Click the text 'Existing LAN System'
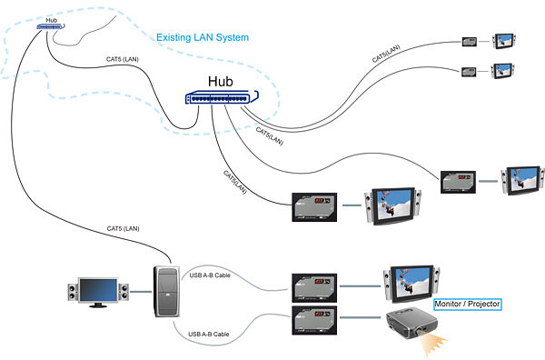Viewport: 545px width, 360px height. click(x=202, y=38)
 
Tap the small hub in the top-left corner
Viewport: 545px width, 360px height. click(x=48, y=26)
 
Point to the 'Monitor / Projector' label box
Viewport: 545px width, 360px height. click(x=467, y=304)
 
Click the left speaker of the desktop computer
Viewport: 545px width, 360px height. click(x=73, y=293)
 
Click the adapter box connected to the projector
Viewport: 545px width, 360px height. click(x=314, y=321)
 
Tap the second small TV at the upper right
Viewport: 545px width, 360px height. click(x=503, y=70)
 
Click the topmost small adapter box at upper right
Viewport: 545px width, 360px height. click(x=470, y=42)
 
